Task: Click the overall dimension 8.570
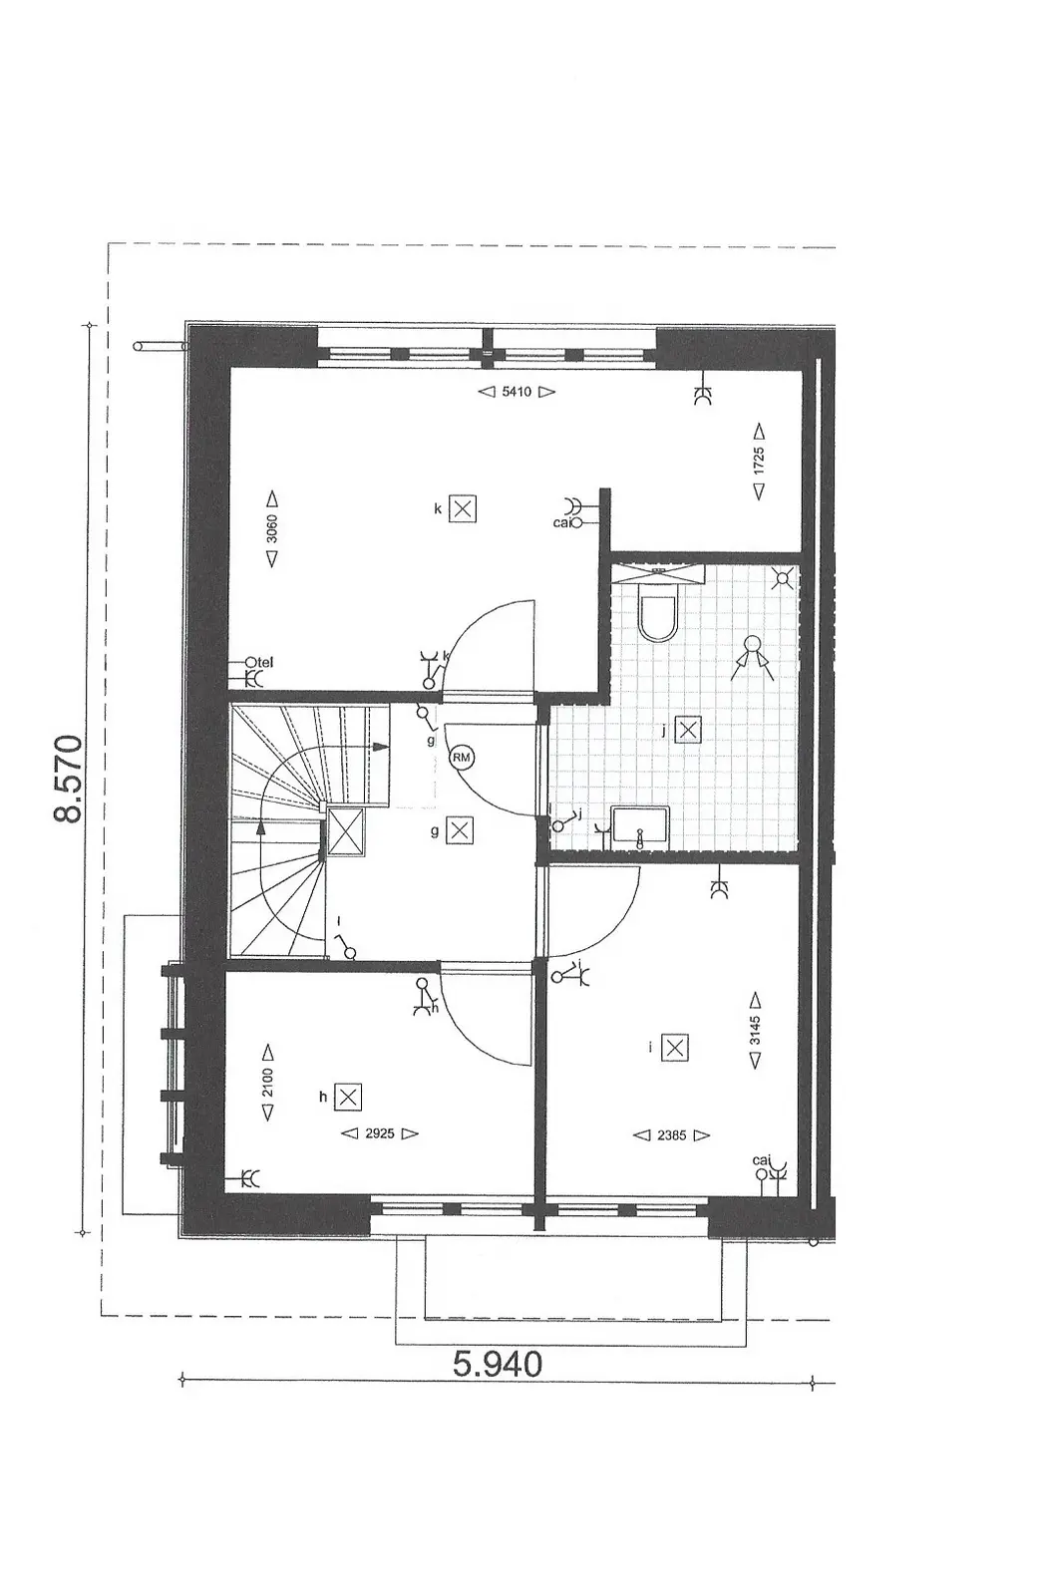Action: click(x=69, y=779)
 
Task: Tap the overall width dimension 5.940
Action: click(x=498, y=1363)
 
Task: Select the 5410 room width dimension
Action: click(x=517, y=392)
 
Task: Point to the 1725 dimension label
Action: click(x=759, y=461)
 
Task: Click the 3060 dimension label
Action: click(x=271, y=529)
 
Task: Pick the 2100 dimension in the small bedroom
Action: click(x=268, y=1083)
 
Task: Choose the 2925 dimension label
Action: click(x=380, y=1133)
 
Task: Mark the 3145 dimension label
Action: click(x=755, y=1031)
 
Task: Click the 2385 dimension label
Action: click(x=671, y=1135)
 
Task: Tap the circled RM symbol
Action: click(x=461, y=757)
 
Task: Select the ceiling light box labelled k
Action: click(x=463, y=509)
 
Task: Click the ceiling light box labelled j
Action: click(x=687, y=729)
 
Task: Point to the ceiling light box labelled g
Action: click(x=460, y=830)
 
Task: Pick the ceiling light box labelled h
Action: click(x=348, y=1098)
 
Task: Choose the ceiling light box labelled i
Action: click(x=675, y=1048)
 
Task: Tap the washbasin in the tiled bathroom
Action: click(x=640, y=825)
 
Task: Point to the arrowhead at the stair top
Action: click(x=381, y=747)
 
